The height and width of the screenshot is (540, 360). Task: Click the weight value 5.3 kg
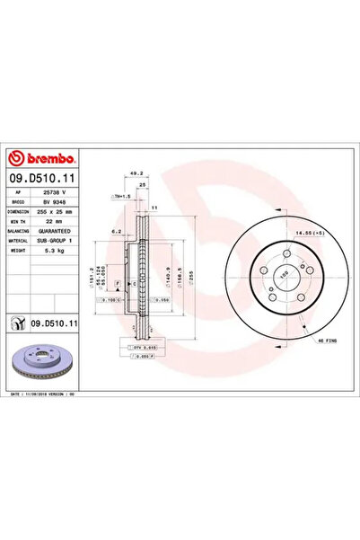[x=50, y=253]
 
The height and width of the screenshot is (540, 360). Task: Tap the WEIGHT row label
[x=17, y=253]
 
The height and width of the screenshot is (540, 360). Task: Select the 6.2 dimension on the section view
[x=117, y=232]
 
